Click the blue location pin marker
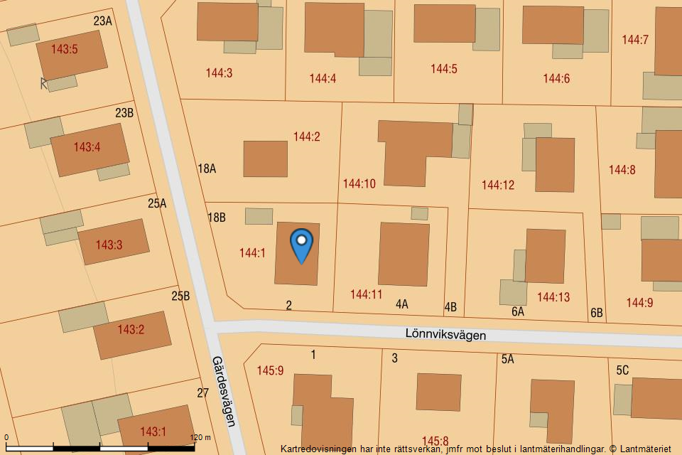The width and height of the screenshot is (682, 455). point(302,245)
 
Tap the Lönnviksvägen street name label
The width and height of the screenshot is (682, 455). point(445,333)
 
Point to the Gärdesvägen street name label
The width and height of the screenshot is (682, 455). point(222,391)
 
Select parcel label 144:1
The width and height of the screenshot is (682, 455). point(252,252)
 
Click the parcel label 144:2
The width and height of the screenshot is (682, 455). point(307,136)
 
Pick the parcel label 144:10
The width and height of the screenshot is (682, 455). point(359,184)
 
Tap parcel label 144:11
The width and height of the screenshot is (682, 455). point(366,294)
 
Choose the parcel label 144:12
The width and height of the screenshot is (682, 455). point(498,185)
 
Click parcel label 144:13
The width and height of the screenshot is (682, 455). point(553,297)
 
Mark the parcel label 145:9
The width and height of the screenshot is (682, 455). point(270,370)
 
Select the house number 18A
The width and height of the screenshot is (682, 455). point(207,168)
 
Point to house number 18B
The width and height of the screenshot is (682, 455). point(217,218)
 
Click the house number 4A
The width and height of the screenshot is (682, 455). point(402,304)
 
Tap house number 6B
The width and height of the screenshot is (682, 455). point(597,313)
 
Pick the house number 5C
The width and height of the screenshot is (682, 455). point(622,370)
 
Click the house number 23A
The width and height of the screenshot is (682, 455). point(103,21)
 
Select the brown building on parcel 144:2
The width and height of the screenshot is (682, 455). point(266,159)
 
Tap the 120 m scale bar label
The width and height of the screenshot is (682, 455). point(201,438)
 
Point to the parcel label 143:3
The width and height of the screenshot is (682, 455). point(109,245)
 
